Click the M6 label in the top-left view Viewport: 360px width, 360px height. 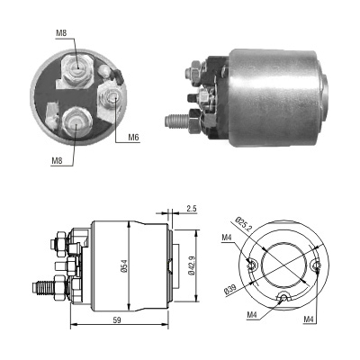coord(133,138)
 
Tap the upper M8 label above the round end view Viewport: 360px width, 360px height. coord(61,33)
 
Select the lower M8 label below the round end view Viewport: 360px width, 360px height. coord(57,161)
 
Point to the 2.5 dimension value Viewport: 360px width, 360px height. coord(192,209)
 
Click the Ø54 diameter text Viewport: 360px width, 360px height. coord(125,265)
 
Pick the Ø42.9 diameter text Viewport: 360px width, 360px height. coord(192,265)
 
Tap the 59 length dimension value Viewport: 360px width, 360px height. coord(117,320)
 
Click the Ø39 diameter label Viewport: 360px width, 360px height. coord(230,289)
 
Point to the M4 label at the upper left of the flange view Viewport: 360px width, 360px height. coord(227,238)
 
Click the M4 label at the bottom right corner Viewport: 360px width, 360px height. coord(308,319)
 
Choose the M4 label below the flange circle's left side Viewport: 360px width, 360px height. coord(252,315)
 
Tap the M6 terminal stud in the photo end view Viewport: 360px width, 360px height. coord(112,97)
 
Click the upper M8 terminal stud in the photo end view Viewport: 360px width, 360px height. coord(76,69)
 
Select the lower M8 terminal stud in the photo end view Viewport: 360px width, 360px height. coord(76,121)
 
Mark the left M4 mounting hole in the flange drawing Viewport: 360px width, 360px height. coord(253,265)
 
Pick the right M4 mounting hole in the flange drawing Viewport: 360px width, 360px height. coord(317,265)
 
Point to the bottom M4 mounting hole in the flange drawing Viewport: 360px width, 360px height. coord(283,297)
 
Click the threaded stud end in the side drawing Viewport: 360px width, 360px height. coord(43,288)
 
